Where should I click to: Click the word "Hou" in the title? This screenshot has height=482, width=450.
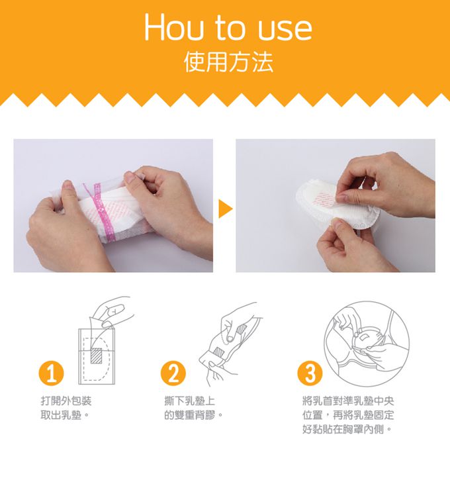[175, 27]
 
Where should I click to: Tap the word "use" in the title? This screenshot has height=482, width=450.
[285, 30]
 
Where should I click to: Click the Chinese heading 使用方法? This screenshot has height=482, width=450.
[228, 62]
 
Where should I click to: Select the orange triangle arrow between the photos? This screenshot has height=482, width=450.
[226, 209]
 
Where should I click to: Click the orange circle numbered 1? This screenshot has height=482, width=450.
[52, 373]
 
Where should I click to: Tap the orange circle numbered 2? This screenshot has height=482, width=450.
[173, 373]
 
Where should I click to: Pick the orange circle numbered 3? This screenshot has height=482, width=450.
[310, 373]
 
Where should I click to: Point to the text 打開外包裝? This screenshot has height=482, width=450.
[66, 401]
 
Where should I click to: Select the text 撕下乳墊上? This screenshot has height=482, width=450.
[189, 401]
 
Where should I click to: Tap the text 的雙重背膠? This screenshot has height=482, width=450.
[193, 415]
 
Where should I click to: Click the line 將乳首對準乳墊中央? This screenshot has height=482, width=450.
[348, 401]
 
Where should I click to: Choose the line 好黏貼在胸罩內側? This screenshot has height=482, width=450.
[347, 429]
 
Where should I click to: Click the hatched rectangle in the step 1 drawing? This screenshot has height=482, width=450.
[97, 356]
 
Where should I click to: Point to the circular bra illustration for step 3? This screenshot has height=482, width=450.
[367, 344]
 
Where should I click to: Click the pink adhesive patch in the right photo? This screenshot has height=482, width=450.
[324, 201]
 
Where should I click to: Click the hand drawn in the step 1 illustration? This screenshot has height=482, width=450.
[112, 312]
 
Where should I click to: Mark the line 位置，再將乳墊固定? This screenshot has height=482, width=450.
[348, 415]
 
